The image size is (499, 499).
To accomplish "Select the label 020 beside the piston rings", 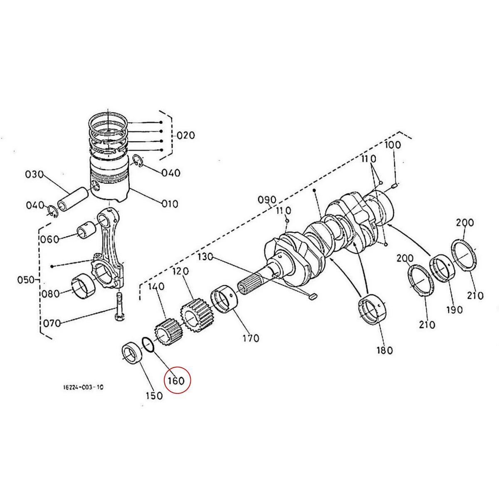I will pyautogui.click(x=185, y=136).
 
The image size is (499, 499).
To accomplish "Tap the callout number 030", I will pyautogui.click(x=35, y=174).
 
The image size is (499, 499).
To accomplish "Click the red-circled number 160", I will pyautogui.click(x=176, y=380).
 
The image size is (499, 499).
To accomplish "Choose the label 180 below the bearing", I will pyautogui.click(x=384, y=350).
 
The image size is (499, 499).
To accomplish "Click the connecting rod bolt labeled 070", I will pyautogui.click(x=119, y=306).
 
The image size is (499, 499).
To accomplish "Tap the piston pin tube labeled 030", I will pyautogui.click(x=73, y=198).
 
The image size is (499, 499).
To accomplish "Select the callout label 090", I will pyautogui.click(x=267, y=200).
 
